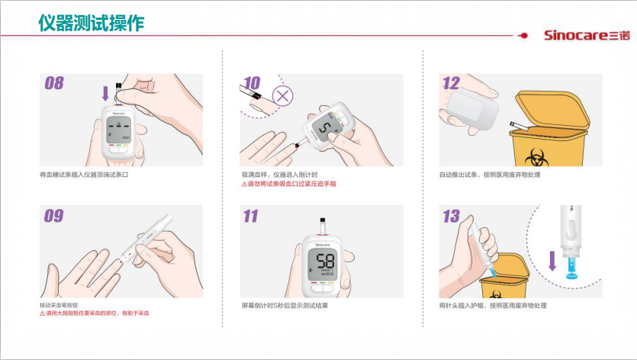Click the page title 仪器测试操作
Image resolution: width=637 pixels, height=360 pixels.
[92, 23]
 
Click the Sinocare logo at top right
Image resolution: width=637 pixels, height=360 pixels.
[587, 35]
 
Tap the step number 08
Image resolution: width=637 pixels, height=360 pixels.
[54, 83]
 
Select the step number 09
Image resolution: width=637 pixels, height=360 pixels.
[54, 216]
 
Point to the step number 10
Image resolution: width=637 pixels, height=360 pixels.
[252, 83]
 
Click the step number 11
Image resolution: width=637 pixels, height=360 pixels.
[251, 216]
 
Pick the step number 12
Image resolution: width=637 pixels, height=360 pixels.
[451, 83]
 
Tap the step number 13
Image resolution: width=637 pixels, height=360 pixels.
[451, 216]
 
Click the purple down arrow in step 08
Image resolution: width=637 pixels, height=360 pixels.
[105, 93]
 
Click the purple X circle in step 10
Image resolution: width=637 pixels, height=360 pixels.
[282, 96]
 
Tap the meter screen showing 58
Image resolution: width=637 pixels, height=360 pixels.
[322, 264]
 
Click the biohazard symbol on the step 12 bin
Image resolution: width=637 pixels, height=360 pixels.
[536, 158]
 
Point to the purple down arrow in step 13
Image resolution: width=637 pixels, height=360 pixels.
[552, 261]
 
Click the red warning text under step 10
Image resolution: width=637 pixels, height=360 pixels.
[289, 184]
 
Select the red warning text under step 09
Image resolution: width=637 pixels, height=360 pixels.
[95, 313]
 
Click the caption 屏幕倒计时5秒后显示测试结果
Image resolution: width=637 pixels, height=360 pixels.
[285, 306]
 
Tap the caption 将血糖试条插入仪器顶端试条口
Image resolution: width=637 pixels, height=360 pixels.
[84, 175]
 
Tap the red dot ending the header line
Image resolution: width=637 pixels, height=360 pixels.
[524, 36]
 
